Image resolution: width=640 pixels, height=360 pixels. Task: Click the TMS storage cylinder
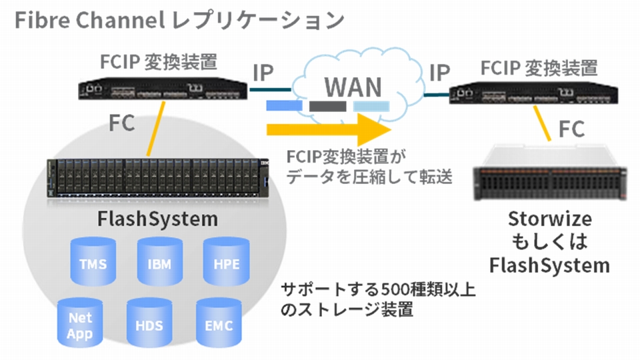pyautogui.click(x=93, y=263)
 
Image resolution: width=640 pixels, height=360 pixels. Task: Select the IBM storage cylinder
pyautogui.click(x=159, y=263)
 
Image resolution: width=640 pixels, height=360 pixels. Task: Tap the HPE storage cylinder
pyautogui.click(x=226, y=263)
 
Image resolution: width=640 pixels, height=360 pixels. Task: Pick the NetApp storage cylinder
pyautogui.click(x=79, y=324)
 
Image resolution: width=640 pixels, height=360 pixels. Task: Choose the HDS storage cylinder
pyautogui.click(x=149, y=325)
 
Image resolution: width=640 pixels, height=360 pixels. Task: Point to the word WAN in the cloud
pyautogui.click(x=353, y=87)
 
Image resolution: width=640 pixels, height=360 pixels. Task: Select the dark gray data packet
pyautogui.click(x=327, y=106)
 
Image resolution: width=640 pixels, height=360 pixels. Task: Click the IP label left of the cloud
pyautogui.click(x=263, y=73)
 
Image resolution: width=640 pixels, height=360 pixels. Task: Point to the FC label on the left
pyautogui.click(x=121, y=123)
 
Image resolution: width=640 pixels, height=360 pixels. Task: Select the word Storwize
pyautogui.click(x=549, y=219)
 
